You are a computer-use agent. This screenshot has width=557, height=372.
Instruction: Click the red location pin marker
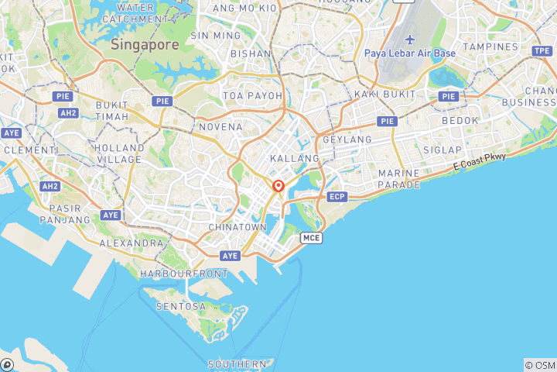point(278,186)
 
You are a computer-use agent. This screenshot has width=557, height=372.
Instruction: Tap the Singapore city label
point(145,45)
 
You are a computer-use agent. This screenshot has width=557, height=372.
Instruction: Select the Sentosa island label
point(181,306)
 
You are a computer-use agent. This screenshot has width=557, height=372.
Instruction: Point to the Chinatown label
point(237,227)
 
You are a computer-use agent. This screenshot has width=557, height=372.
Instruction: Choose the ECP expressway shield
point(337,197)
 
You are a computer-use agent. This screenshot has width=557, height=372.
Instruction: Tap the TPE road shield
point(542,50)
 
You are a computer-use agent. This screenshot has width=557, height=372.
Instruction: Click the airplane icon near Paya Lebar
point(409,40)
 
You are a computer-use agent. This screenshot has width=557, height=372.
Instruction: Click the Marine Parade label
point(399,179)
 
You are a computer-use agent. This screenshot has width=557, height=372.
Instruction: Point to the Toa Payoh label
point(253,95)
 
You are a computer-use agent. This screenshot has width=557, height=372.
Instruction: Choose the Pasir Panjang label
point(70,214)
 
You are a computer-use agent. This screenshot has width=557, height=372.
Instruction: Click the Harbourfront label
point(184,274)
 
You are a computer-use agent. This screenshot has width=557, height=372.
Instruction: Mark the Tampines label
point(490,46)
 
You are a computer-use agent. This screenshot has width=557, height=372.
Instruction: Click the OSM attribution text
point(540,365)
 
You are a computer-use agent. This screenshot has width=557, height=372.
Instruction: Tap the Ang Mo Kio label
point(244,8)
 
